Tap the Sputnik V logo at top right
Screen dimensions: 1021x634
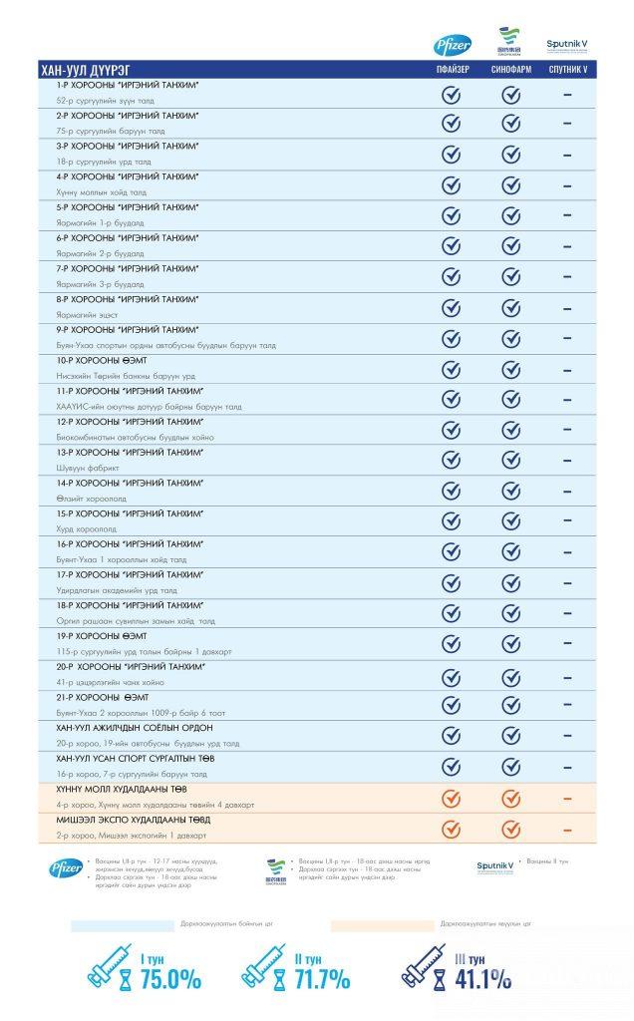coord(567,46)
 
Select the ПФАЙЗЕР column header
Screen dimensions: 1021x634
coord(452,70)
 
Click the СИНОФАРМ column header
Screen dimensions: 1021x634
coord(510,70)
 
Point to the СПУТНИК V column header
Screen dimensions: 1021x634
coord(567,70)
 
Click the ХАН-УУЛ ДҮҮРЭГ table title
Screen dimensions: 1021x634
coord(80,70)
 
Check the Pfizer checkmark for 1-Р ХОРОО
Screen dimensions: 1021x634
coord(452,95)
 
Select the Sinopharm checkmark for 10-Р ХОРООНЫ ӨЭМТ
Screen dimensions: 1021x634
coord(510,369)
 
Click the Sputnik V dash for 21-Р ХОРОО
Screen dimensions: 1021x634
coord(567,705)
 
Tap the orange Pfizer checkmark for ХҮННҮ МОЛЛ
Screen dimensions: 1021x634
coord(452,798)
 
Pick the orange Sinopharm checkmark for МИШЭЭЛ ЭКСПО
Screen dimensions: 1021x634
coord(510,828)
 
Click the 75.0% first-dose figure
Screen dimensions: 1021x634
coord(169,979)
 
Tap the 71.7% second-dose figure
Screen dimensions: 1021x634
coord(320,979)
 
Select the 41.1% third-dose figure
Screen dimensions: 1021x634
coord(482,979)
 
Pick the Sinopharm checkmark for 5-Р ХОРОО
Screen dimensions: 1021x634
coord(510,216)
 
